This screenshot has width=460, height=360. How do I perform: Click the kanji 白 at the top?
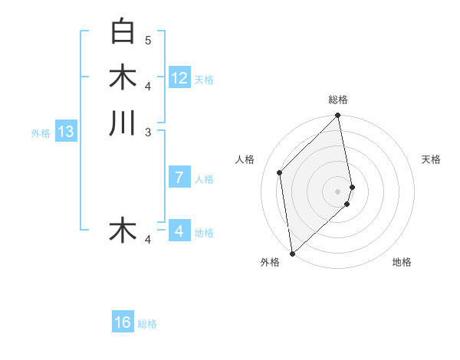point(123,31)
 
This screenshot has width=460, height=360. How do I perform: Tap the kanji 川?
point(123,123)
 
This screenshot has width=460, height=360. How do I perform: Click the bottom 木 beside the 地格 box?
point(123,230)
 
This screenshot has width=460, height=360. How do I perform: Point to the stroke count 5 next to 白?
point(148,40)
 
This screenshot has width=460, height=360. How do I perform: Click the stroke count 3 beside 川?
point(148,133)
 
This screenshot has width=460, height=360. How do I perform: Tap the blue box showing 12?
point(179,78)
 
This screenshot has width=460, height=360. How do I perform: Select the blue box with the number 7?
point(179,178)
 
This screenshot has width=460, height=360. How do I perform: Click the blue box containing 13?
point(66,132)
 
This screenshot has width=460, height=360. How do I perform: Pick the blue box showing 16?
point(123,322)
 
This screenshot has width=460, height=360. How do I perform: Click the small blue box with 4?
point(179,231)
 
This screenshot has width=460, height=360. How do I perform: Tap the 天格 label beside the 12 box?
point(204,79)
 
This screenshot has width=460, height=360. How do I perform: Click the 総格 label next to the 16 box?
point(147,324)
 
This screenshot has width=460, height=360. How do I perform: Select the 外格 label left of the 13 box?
point(41,133)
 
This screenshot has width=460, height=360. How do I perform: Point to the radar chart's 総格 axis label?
point(338,100)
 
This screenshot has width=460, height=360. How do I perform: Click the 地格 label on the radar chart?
point(402,262)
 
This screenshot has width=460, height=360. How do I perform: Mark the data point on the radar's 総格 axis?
point(338,116)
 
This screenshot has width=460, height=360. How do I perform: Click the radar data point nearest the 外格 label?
point(292,253)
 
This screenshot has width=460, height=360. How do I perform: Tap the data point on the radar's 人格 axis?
point(280,172)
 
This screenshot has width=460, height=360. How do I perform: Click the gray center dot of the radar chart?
point(338,191)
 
